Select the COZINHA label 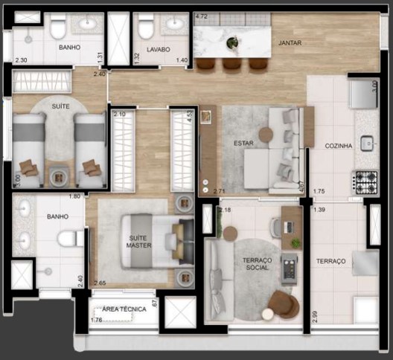point(339,147)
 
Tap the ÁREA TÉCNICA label point(124,309)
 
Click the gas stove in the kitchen point(365,182)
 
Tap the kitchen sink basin point(366,141)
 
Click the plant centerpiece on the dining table point(233,43)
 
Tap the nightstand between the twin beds point(59,176)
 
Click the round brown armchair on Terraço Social point(283,303)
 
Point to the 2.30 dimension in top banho point(21,60)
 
